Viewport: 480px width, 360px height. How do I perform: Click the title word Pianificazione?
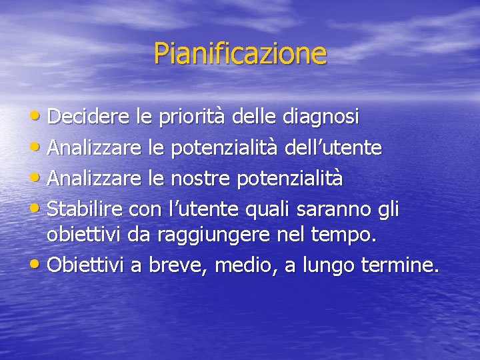240,53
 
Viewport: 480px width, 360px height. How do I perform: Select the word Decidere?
90,117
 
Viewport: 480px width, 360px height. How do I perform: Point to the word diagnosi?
321,117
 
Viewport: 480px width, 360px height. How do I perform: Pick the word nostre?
198,178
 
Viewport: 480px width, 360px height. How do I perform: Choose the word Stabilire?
85,209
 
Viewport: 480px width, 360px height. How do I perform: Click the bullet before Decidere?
38,117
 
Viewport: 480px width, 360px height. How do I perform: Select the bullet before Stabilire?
38,209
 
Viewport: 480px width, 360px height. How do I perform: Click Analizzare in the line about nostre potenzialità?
95,178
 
